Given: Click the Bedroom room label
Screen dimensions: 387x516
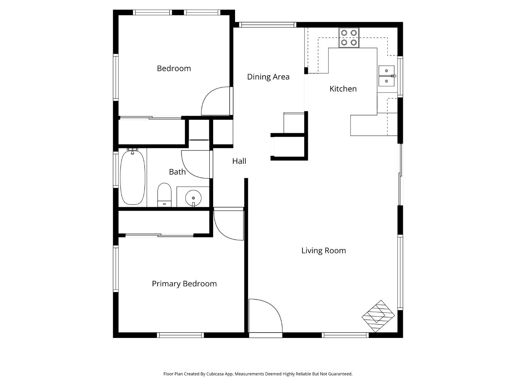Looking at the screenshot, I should click(174, 68).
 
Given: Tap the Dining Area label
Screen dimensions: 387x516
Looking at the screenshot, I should click(268, 77).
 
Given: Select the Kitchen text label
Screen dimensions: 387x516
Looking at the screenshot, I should click(343, 89).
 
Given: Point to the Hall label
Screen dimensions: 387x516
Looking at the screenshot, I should click(239, 161).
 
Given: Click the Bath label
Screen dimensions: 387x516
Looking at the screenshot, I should click(177, 172).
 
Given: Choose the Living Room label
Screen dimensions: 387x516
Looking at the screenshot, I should click(323, 250).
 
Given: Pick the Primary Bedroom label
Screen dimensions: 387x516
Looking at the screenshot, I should click(184, 284).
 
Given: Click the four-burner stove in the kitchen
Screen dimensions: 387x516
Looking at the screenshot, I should click(349, 38).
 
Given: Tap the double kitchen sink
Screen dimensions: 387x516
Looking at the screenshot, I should click(387, 76).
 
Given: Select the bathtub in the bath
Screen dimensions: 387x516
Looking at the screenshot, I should click(133, 177).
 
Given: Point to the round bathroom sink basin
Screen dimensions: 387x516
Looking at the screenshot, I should click(193, 197).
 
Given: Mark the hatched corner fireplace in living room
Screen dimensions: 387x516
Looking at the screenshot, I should click(378, 316).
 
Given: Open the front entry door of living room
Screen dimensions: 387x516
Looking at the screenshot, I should click(265, 317).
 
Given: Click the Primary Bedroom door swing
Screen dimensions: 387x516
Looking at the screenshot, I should click(229, 224).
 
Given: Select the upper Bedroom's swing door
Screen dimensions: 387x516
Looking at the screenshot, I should click(216, 101).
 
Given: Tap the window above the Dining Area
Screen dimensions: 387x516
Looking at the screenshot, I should click(267, 25).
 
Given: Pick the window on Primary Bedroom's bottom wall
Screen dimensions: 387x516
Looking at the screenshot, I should click(181, 335).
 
